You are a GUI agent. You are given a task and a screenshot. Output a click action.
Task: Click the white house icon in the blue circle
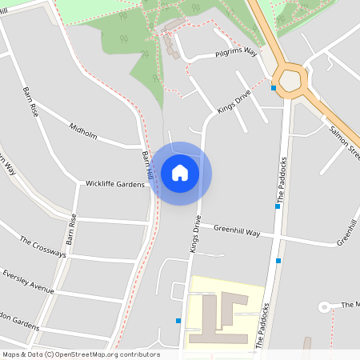coord(180,173)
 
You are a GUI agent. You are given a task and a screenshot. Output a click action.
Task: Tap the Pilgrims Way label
coord(236,53)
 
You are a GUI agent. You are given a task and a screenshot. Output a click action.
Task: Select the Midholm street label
coord(83,131)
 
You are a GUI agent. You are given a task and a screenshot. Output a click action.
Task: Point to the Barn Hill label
coord(147,164)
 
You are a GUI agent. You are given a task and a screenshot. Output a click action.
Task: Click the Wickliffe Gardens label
coord(115,184)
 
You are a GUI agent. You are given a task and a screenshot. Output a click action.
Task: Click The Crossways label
coord(42,247)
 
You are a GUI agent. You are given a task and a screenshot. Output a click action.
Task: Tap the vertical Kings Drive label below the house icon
coord(194,234)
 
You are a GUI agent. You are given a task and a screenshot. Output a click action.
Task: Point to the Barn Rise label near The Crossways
coord(71,229)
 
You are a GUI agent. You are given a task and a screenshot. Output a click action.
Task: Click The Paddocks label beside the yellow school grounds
coord(261,328)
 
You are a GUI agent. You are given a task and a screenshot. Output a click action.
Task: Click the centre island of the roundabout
coord(293,80)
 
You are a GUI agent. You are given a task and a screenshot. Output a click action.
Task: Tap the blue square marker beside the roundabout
coord(274,88)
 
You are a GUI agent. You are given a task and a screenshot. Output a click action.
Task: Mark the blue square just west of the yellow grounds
coord(178,321)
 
